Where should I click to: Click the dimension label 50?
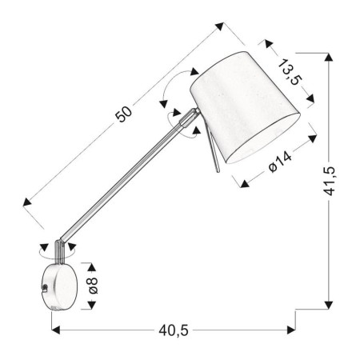(123, 114)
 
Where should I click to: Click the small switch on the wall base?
(47, 286)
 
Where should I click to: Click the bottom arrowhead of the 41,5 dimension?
(328, 305)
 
